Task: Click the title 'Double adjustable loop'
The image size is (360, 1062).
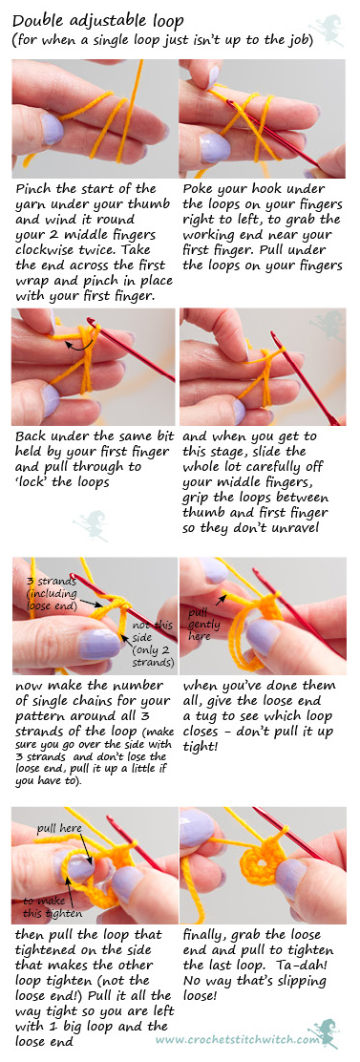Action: [98, 21]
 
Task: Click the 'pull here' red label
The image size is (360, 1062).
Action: [59, 828]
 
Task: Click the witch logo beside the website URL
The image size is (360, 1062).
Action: [327, 1033]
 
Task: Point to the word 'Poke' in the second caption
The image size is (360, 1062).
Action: [199, 189]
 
